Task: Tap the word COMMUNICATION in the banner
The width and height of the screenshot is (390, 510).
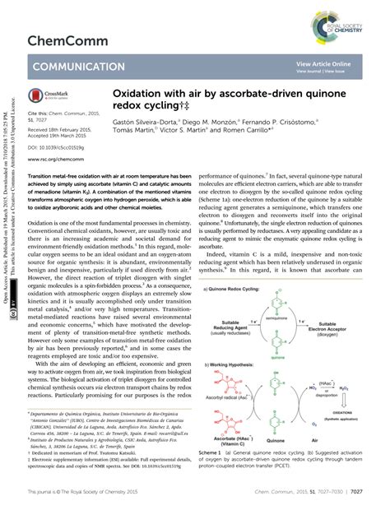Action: pyautogui.click(x=77, y=66)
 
